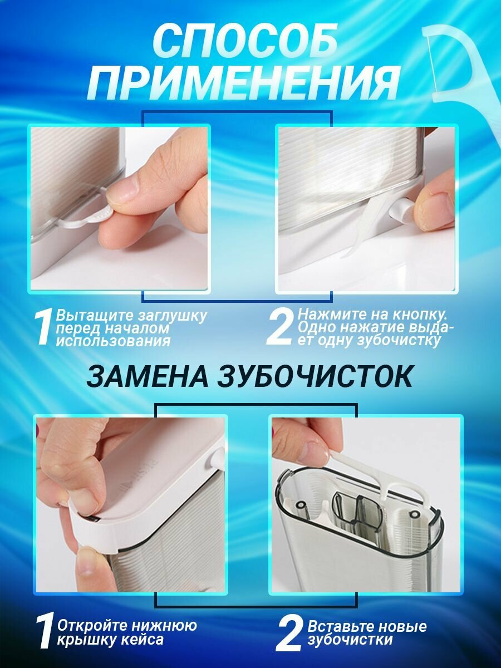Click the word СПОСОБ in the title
(245, 42)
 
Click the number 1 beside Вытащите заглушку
(45, 328)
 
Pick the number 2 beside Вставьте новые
(289, 633)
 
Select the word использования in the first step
(113, 341)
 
